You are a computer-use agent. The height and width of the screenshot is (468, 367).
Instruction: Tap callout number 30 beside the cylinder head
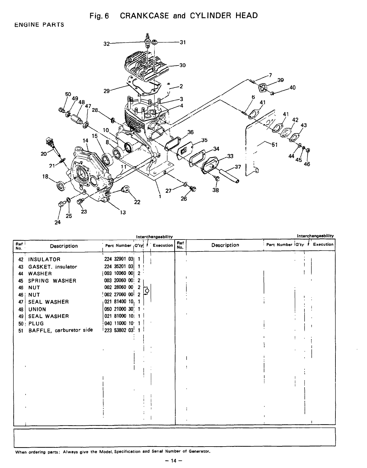[x=182, y=65]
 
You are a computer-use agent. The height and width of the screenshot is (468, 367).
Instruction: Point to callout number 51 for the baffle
[x=274, y=145]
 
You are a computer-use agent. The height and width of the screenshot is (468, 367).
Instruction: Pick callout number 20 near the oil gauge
[x=43, y=154]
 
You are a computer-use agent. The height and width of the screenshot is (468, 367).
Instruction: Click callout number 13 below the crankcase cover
[x=123, y=212]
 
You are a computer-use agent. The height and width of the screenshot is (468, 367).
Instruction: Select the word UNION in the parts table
[x=37, y=309]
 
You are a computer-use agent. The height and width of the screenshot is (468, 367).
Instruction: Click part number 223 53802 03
[x=118, y=330]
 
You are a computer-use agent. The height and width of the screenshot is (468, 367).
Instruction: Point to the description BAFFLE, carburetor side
[x=60, y=330]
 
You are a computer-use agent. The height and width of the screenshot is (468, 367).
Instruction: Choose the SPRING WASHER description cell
[x=52, y=281]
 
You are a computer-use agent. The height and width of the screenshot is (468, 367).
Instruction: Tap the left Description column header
[x=64, y=246]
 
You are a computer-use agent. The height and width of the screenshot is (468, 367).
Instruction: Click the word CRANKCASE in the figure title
[x=145, y=16]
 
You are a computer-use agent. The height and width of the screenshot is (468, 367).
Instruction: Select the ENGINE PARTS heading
[x=39, y=25]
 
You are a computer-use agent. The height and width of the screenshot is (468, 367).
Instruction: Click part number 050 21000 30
[x=118, y=309]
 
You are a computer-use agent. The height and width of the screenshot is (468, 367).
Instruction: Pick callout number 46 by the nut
[x=307, y=164]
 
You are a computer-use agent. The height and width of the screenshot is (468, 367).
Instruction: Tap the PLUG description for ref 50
[x=36, y=324]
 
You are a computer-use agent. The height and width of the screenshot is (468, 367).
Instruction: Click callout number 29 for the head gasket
[x=106, y=91]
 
